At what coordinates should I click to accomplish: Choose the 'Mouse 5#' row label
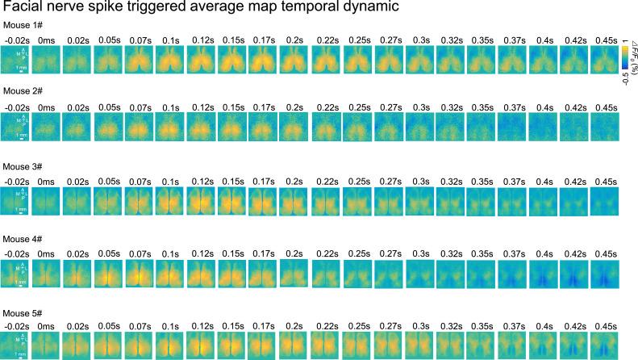point(22,312)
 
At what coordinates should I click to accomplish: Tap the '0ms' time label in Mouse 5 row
point(47,325)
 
